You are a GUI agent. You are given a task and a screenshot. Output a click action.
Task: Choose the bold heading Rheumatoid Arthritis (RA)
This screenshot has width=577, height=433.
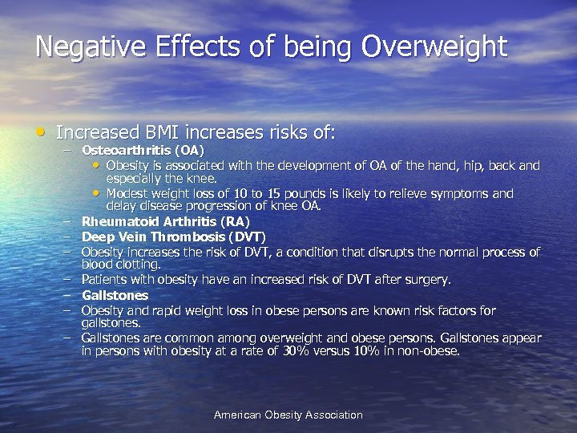166,221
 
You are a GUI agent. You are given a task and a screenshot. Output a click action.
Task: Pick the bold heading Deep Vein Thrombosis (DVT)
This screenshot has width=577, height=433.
173,237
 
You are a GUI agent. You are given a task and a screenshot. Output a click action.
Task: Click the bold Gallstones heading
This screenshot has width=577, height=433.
115,295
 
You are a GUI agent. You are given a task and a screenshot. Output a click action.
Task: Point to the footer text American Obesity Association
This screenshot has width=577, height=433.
288,415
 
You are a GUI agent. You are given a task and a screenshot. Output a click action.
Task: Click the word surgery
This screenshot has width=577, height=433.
429,280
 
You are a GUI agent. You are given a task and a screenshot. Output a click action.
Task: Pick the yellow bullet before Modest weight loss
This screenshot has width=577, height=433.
97,192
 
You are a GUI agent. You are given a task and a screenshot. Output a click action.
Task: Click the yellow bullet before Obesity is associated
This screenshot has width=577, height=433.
97,166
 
